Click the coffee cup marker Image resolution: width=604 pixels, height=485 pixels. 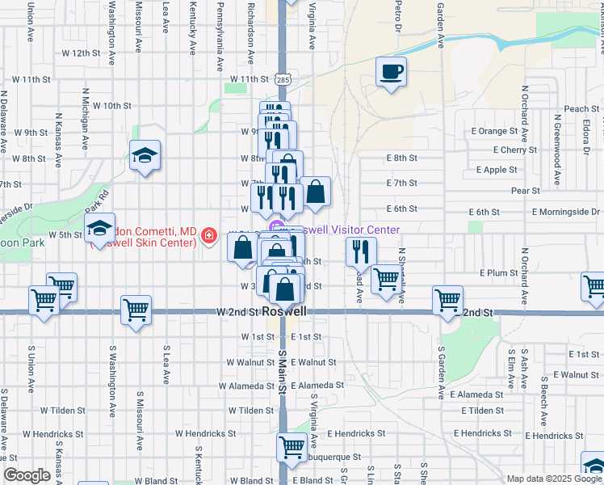(392, 74)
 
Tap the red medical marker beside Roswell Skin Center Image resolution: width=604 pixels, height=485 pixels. (209, 235)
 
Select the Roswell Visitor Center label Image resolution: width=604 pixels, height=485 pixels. (347, 230)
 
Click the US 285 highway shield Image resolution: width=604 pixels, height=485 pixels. (283, 79)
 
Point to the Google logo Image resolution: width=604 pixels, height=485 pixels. (27, 475)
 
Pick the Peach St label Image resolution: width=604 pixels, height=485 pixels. (581, 109)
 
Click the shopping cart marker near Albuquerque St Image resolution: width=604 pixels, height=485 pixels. (292, 447)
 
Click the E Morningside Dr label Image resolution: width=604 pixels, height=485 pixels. (566, 211)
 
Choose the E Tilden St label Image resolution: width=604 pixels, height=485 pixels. (483, 411)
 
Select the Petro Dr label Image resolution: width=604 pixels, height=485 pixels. (398, 16)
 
